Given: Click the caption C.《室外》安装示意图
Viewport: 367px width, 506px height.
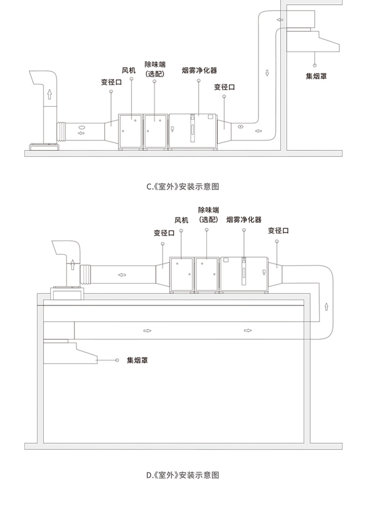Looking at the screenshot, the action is point(183,187).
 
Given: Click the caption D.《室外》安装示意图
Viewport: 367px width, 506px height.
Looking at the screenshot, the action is point(183,475).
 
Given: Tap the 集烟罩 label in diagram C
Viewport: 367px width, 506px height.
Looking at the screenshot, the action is point(316,76).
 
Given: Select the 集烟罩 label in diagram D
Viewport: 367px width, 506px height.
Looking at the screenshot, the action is point(138,360).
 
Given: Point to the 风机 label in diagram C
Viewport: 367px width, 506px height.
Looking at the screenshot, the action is point(129,70).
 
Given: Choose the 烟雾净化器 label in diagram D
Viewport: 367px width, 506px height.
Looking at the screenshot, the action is point(244,220).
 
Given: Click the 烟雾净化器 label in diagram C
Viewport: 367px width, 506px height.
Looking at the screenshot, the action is point(199,70).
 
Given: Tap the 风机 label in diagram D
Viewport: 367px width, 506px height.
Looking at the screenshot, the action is point(181,220).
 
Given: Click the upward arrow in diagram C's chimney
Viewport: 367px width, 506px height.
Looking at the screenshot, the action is point(49,94).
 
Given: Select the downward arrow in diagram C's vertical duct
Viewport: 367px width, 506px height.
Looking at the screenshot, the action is point(267,73).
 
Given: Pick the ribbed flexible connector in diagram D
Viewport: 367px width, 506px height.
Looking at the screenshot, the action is point(86,274).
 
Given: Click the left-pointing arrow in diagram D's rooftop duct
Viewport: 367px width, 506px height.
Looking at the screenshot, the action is point(122,275).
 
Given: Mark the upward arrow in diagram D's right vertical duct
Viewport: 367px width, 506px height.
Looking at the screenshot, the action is point(326,307).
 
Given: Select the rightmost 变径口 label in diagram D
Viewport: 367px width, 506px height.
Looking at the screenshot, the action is point(278,231).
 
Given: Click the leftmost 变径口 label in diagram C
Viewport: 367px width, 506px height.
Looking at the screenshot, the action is point(112,82).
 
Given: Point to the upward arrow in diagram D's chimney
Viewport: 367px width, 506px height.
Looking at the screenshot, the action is point(73,264).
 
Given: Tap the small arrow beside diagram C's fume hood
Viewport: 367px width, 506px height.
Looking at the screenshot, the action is point(280,20).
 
